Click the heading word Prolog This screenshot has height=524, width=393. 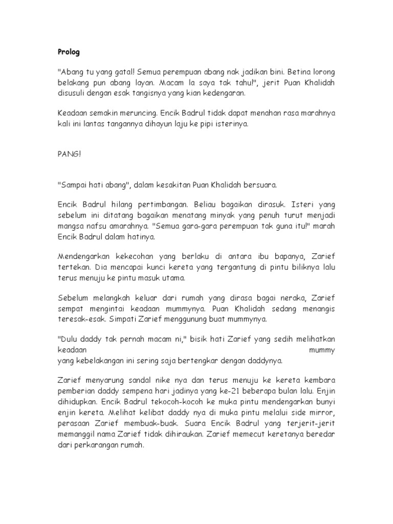(x=68, y=52)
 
